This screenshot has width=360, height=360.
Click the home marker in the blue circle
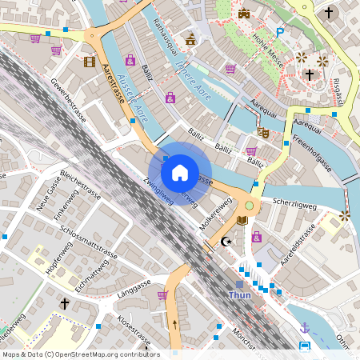[x=180, y=172]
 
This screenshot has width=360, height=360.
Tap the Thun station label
[x=240, y=295]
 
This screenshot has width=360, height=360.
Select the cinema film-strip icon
[x=89, y=61]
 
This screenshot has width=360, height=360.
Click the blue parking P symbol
[x=279, y=33]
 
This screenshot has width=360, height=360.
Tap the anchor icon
[x=304, y=327]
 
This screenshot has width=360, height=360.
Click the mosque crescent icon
[x=226, y=242]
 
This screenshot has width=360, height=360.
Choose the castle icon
[x=244, y=14]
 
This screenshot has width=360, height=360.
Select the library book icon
[x=242, y=220]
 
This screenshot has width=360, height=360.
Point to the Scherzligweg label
[x=294, y=203]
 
